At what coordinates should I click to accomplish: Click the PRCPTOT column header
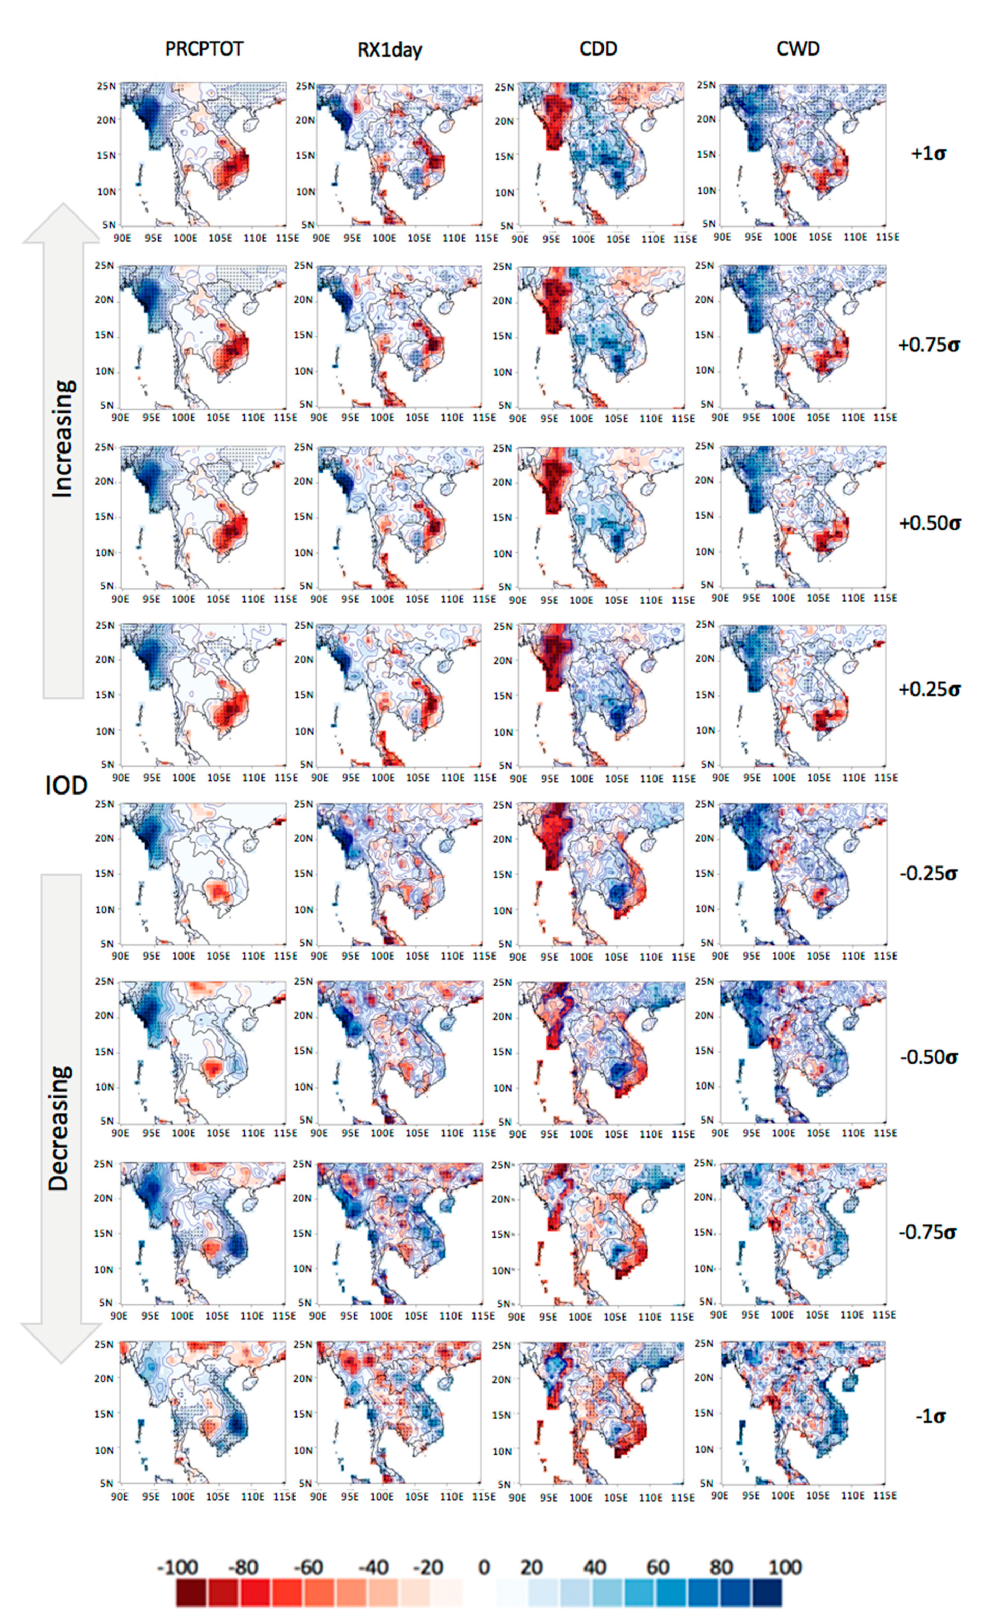pos(204,49)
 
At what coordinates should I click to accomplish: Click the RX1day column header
pos(389,50)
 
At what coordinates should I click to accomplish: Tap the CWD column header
pos(798,49)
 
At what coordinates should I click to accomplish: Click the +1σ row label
pos(928,154)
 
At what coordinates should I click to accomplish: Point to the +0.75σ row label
pos(928,344)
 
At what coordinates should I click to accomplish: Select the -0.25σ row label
pos(928,873)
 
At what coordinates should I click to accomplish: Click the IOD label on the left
pos(66,786)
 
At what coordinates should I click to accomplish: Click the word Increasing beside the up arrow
pos(63,438)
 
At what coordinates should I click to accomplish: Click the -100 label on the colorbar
pos(178,1566)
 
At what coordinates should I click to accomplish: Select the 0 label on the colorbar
pos(484,1566)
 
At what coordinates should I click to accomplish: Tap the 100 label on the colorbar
pos(785,1566)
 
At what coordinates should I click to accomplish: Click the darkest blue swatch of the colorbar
pos(767,1592)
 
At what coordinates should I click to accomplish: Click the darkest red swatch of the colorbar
pos(192,1592)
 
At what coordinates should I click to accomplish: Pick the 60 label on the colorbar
pos(658,1566)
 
